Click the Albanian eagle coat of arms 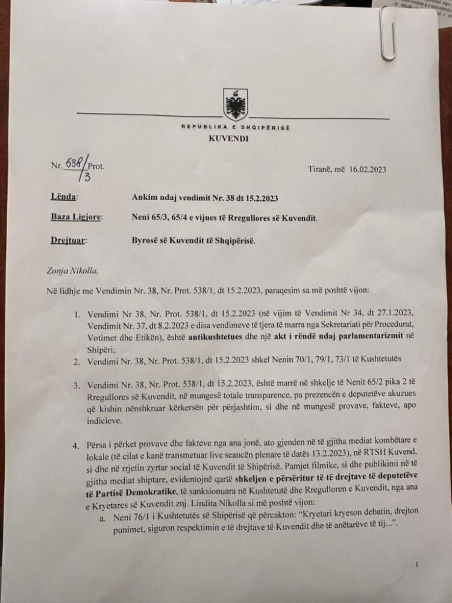235,104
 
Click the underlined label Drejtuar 68,240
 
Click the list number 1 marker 77,315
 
